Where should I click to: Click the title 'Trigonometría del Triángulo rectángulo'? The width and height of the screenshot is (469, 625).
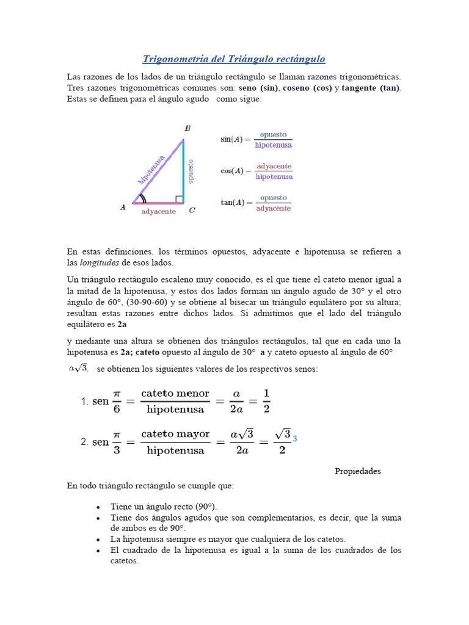pyautogui.click(x=234, y=59)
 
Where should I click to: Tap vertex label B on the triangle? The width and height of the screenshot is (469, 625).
pyautogui.click(x=187, y=128)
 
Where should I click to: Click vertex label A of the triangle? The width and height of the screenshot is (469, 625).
pyautogui.click(x=123, y=208)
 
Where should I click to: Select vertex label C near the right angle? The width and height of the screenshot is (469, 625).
pyautogui.click(x=192, y=211)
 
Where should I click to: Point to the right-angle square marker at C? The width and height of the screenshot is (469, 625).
pyautogui.click(x=179, y=199)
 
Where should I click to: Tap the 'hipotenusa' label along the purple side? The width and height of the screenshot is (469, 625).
pyautogui.click(x=152, y=169)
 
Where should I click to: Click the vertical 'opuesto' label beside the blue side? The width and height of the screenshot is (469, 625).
pyautogui.click(x=191, y=172)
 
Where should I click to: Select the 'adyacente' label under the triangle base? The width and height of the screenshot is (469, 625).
pyautogui.click(x=158, y=212)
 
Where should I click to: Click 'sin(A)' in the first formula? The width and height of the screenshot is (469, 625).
pyautogui.click(x=232, y=140)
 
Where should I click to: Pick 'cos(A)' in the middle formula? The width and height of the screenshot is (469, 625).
pyautogui.click(x=232, y=172)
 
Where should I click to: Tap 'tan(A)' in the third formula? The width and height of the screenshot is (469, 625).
pyautogui.click(x=232, y=203)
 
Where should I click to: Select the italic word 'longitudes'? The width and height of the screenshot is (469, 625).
pyautogui.click(x=100, y=262)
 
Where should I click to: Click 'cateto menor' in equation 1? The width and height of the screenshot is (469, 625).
pyautogui.click(x=175, y=394)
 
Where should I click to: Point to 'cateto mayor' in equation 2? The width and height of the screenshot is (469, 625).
pyautogui.click(x=175, y=434)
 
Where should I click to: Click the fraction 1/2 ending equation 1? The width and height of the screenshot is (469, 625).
pyautogui.click(x=266, y=400)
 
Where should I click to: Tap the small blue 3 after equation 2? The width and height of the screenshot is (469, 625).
pyautogui.click(x=295, y=439)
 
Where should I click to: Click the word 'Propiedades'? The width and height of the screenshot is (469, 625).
pyautogui.click(x=357, y=471)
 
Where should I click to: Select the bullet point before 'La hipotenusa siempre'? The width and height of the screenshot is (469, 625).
pyautogui.click(x=98, y=540)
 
